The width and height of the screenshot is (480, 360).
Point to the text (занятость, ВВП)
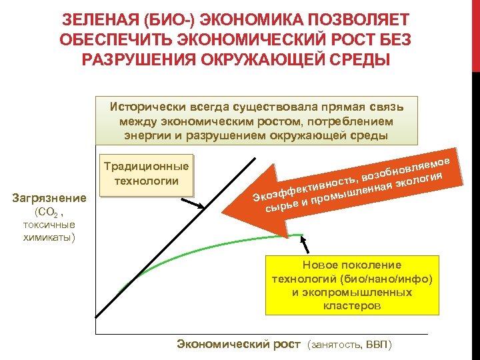(x=351, y=345)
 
